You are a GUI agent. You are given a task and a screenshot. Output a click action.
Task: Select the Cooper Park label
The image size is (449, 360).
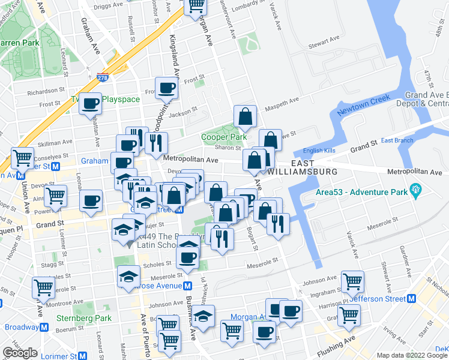point(224,137)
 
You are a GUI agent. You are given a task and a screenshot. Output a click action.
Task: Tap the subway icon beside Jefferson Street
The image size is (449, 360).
point(411,298)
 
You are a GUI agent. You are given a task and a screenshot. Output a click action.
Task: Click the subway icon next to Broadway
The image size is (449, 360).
point(44,327)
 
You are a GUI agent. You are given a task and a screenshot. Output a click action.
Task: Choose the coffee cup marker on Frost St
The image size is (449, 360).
point(167,88)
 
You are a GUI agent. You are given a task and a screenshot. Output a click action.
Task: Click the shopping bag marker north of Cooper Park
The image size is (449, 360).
point(246,116)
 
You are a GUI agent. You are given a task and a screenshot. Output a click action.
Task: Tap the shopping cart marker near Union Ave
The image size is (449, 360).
point(22,158)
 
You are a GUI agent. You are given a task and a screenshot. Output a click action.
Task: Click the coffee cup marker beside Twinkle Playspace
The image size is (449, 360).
point(91,103)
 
